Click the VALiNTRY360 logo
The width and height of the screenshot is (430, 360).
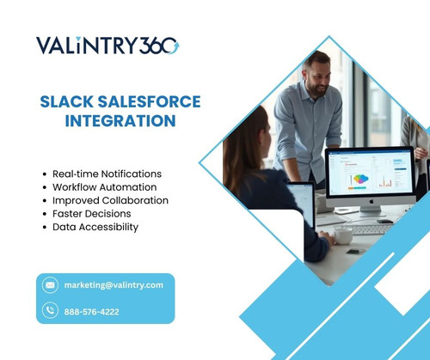pos(107,45)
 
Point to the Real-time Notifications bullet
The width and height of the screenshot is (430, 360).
pos(107,174)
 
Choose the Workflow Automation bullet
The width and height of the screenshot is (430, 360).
pos(104,186)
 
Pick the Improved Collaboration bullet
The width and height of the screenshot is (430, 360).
pos(110,200)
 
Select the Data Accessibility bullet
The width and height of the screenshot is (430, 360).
pos(95,227)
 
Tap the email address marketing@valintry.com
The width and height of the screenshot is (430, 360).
pos(114,284)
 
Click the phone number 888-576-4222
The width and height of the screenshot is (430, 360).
pos(92,311)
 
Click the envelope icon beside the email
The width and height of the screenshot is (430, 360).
pos(50,284)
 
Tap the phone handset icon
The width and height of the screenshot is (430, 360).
pos(50,311)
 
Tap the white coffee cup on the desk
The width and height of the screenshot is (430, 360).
pos(343,235)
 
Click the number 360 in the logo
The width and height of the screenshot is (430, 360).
pos(159,45)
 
